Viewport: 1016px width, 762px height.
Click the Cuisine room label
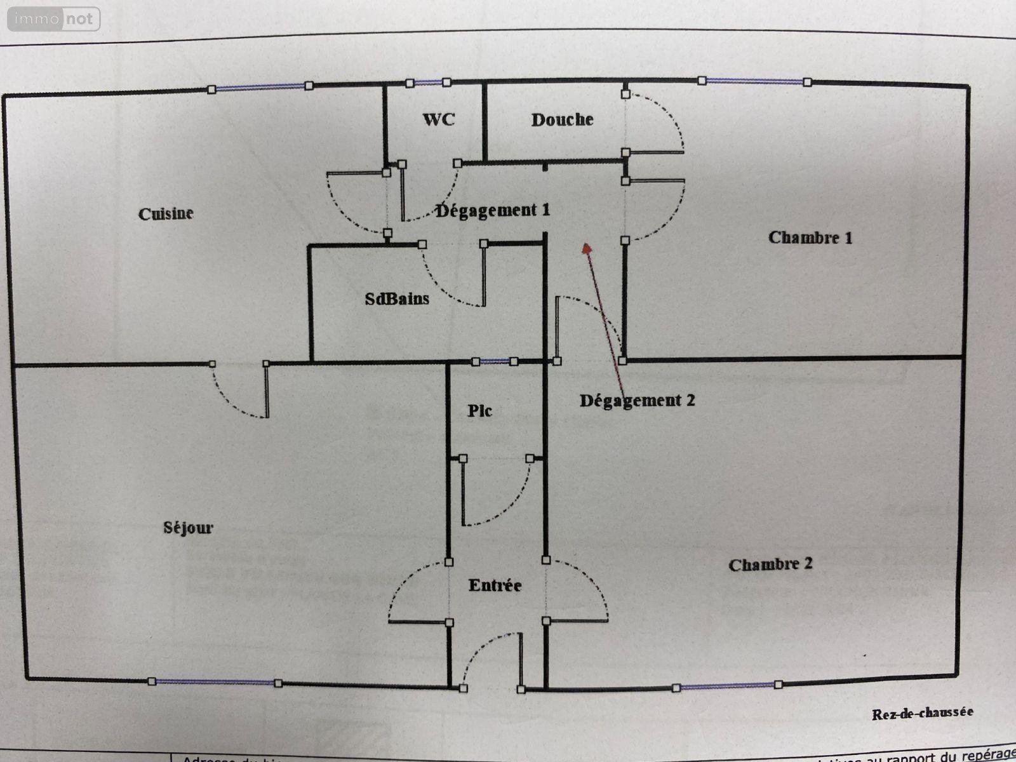[166, 213]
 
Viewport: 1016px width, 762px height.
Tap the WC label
[439, 119]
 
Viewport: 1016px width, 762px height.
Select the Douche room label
[562, 119]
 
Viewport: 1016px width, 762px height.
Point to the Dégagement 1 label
[493, 210]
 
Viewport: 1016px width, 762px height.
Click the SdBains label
[397, 298]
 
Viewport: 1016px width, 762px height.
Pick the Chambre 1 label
[810, 237]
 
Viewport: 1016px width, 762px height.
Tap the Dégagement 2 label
[637, 400]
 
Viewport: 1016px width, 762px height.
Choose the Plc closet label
[480, 411]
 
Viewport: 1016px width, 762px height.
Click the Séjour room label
[188, 527]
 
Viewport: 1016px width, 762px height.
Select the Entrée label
[495, 585]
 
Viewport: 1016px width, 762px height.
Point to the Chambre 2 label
[770, 564]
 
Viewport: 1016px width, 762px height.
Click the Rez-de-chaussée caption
[922, 713]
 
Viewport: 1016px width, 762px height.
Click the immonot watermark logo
[53, 19]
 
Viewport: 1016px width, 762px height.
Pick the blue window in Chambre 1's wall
[754, 81]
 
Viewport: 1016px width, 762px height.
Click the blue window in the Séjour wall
[215, 682]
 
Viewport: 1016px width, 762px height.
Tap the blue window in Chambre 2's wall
[728, 686]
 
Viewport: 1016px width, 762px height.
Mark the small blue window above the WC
[429, 83]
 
